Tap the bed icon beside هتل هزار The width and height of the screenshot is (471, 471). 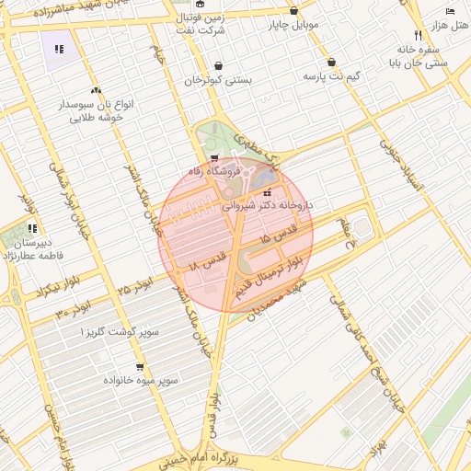click(449, 9)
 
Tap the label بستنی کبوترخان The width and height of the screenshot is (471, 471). click(219, 80)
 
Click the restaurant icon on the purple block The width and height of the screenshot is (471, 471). click(60, 49)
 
